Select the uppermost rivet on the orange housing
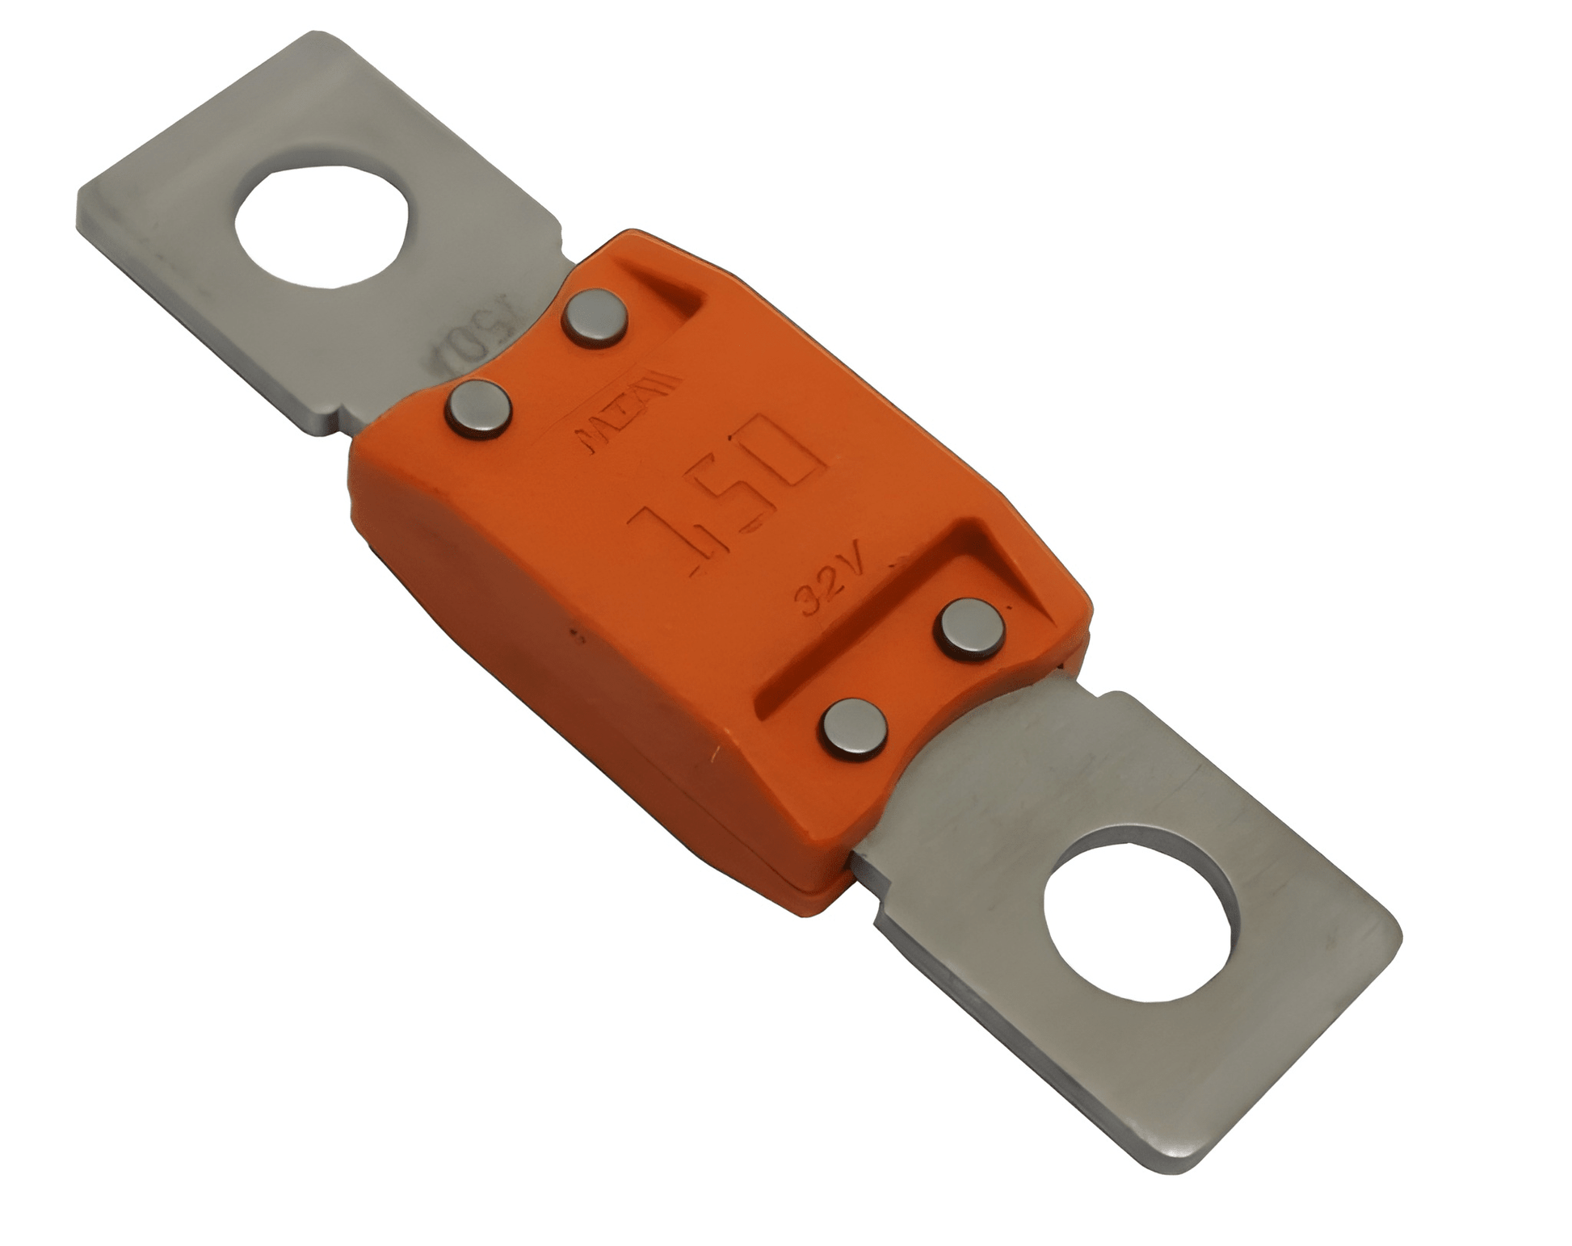[595, 317]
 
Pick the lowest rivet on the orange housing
[853, 728]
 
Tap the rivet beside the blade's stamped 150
[478, 409]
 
